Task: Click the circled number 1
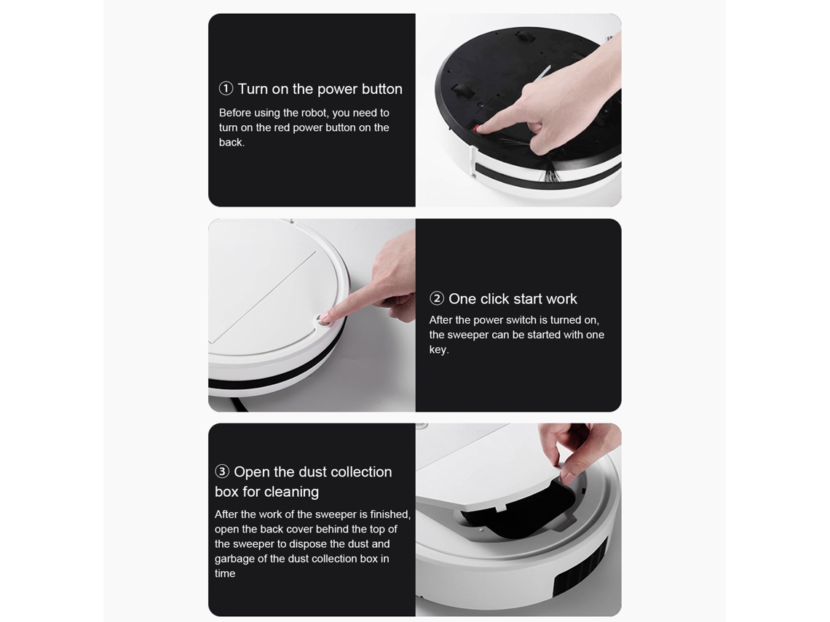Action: click(226, 88)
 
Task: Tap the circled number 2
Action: click(437, 298)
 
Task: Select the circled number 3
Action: click(222, 471)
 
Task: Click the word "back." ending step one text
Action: click(232, 143)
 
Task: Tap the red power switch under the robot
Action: click(476, 128)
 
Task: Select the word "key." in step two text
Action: click(439, 350)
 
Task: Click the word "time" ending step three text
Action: click(225, 573)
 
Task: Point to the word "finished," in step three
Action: click(390, 514)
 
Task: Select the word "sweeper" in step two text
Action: click(468, 335)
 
